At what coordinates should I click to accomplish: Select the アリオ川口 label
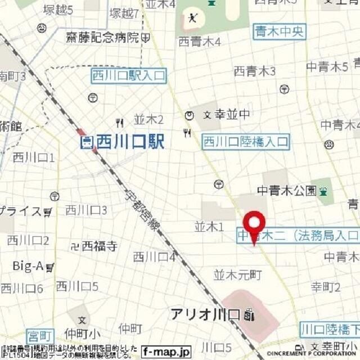tap(206, 314)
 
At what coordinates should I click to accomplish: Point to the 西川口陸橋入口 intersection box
tap(246, 142)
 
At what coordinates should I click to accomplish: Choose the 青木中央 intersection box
tap(279, 30)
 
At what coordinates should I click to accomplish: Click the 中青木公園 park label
tap(286, 191)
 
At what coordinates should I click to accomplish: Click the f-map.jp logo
tap(166, 350)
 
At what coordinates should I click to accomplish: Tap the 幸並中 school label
tap(229, 115)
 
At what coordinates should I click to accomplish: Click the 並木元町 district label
tap(237, 275)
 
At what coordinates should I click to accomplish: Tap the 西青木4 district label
tap(199, 42)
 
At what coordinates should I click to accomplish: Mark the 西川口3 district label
tap(86, 210)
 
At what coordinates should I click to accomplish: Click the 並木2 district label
tap(148, 119)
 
